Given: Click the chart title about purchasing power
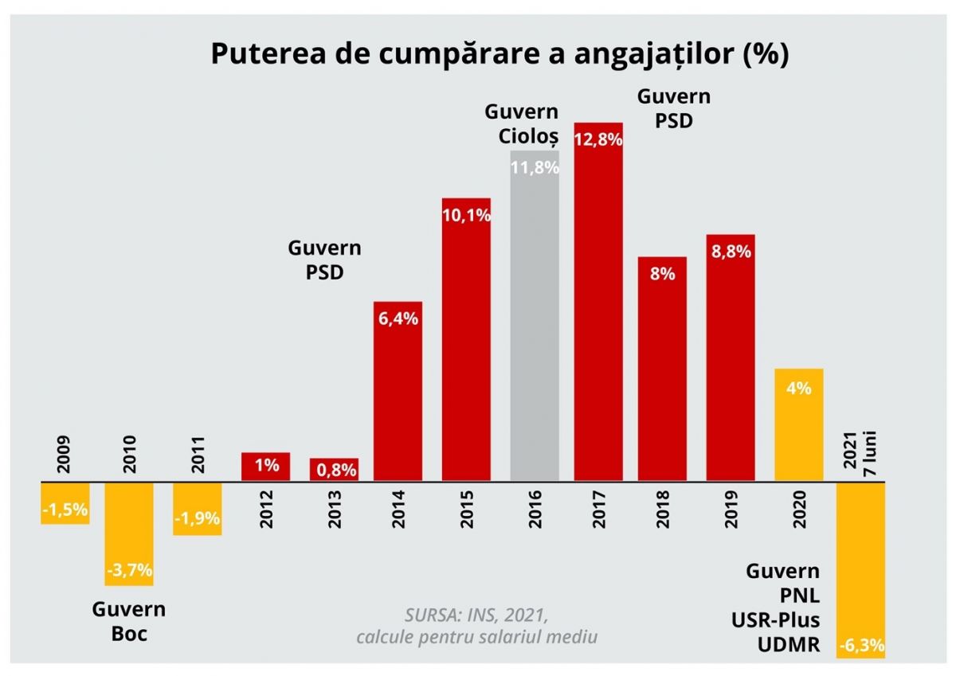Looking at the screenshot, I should pos(499,55).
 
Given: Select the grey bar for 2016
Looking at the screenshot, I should pos(535,318).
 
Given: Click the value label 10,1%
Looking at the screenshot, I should pos(466,215).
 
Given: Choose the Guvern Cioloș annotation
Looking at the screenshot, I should pos(529,123).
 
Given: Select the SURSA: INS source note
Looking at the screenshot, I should pos(476,626).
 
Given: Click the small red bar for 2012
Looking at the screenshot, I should pos(265,467).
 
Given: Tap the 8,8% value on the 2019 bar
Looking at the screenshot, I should pos(731,251).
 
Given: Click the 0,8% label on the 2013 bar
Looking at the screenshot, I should pos(334,471).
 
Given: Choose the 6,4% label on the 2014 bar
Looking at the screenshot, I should pos(398,318).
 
